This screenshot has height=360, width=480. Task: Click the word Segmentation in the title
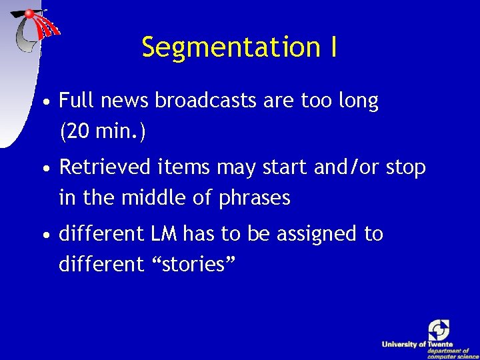pyautogui.click(x=230, y=47)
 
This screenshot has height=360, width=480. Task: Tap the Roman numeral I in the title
pyautogui.click(x=332, y=47)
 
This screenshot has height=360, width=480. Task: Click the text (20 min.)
pyautogui.click(x=102, y=132)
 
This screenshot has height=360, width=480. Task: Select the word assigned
pyautogui.click(x=314, y=235)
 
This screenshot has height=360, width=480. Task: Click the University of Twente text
pyautogui.click(x=417, y=344)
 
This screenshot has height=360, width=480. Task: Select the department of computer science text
pyautogui.click(x=448, y=353)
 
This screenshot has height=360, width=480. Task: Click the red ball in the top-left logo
pyautogui.click(x=30, y=14)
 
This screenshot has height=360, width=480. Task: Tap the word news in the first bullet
pyautogui.click(x=125, y=101)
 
